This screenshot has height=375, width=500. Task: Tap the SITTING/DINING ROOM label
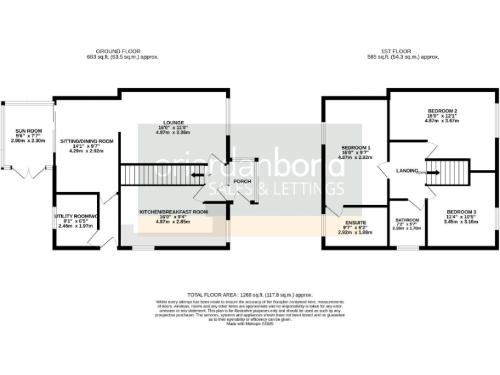[87, 141]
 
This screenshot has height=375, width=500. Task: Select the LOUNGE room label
[173, 122]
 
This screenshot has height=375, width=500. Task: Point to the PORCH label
[243, 182]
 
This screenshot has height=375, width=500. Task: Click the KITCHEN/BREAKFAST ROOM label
[173, 212]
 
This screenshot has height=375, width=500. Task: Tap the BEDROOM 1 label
[355, 148]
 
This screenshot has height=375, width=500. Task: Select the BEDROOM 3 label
[461, 212]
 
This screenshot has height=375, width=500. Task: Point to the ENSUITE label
[355, 223]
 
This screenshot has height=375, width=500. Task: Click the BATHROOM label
[407, 220]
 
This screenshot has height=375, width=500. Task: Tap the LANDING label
[406, 172]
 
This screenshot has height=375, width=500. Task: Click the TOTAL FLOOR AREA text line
[250, 294]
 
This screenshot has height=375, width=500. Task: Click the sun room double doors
[28, 173]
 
